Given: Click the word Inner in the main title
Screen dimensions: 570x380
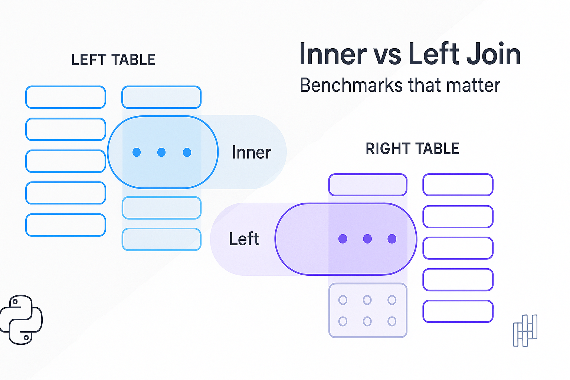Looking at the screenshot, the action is coord(333,54).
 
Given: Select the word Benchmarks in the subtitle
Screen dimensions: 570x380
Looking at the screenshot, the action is coord(351,85).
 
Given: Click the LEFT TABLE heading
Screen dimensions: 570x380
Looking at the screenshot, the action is coord(113,60).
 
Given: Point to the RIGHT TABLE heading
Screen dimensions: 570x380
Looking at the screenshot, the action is coord(412,149).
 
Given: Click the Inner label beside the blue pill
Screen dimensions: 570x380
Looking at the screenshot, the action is coord(251,153).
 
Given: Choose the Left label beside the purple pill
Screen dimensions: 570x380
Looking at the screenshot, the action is coord(244,239).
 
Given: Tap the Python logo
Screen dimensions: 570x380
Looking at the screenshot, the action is coord(21,320).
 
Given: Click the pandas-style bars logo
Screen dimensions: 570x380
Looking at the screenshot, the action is coord(525,331).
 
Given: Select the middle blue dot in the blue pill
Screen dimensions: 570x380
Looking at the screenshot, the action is coord(161,152).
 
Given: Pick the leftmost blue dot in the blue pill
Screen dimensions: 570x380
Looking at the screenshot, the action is coord(137,152).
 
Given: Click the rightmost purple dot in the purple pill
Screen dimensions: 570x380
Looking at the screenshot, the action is coord(392,239).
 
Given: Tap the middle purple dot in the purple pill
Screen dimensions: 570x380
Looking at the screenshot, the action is coord(367,239).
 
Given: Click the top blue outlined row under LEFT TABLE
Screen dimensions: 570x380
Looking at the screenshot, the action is coord(66,97).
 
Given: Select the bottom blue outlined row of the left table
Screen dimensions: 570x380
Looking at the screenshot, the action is coord(66,225).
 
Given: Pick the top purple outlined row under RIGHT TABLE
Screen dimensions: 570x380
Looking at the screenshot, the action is coord(458,185).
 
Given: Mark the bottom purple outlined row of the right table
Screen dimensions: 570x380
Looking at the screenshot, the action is coord(458,311).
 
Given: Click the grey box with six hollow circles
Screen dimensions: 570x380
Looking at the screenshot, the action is coord(368,311).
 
